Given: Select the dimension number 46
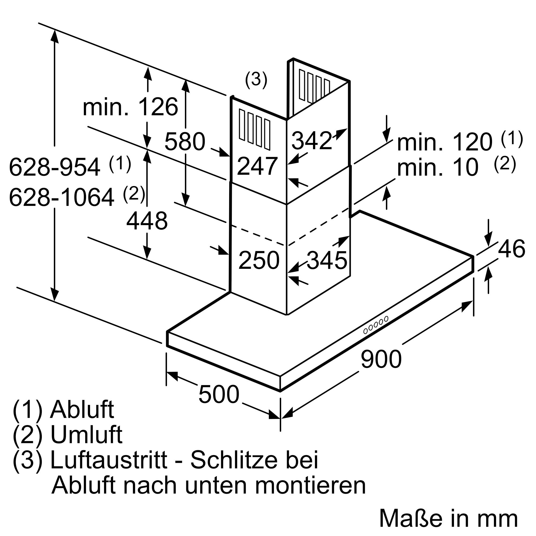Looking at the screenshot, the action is point(512,249).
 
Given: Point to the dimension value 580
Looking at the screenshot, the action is point(185,142).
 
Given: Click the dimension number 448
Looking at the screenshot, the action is point(147,221).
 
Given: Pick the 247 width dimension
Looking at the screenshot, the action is point(257,166).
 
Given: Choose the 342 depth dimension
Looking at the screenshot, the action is point(312,141).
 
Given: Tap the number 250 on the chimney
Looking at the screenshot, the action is point(259,260).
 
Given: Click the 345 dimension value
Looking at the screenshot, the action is point(327,260).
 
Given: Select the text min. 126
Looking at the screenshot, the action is point(131,107).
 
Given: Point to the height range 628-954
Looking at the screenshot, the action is point(55,167).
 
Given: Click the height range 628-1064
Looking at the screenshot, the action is point(62,198).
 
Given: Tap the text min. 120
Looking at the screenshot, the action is point(445,142).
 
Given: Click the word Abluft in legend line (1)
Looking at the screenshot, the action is point(82,410).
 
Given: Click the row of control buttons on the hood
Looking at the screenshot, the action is point(376,325).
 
